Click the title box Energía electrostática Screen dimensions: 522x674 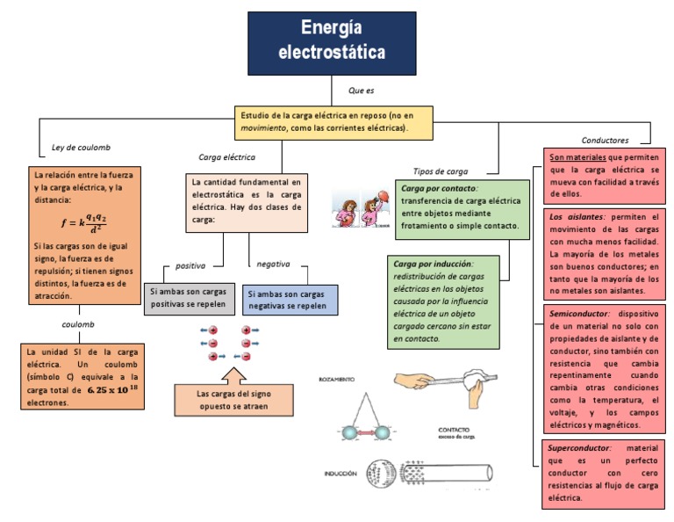331,41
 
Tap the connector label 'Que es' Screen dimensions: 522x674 361,91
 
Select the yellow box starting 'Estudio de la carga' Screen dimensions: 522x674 333,121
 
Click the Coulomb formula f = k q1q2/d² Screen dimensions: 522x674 83,220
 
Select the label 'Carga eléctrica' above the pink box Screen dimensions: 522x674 226,157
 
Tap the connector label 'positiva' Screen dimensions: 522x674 190,265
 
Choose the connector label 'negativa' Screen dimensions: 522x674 273,264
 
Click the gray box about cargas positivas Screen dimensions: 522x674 188,298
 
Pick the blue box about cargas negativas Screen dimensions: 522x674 289,300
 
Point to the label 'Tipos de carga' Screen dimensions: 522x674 440,171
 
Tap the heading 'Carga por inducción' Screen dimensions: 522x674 434,264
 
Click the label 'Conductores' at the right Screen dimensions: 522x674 605,140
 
